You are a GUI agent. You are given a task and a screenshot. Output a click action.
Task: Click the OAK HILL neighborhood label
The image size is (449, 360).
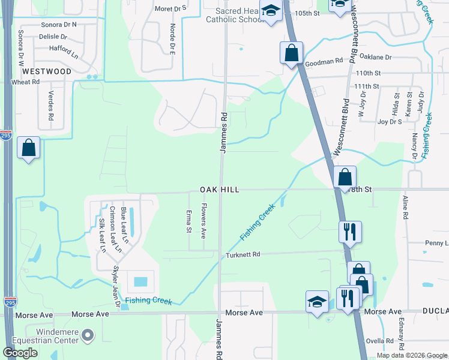click(x=220, y=190)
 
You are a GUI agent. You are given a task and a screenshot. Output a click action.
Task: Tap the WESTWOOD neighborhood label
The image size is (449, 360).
click(x=46, y=71)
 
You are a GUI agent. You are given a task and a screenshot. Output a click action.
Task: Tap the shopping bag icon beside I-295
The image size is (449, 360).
click(x=29, y=148)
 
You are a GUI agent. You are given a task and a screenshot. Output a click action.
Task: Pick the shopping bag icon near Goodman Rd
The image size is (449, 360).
click(x=291, y=52)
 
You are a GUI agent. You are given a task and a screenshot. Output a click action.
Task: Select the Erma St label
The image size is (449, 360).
click(x=188, y=221)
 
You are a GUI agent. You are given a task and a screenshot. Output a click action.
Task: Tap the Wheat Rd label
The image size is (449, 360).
click(x=26, y=82)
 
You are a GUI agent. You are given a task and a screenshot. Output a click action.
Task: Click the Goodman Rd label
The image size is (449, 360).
click(x=324, y=61)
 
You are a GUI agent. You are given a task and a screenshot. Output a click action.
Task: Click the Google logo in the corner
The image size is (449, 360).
click(x=20, y=353)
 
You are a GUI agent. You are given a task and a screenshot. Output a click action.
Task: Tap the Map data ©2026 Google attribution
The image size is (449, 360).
click(x=411, y=355)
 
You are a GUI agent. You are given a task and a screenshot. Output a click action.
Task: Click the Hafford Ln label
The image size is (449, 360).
click(x=64, y=47)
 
